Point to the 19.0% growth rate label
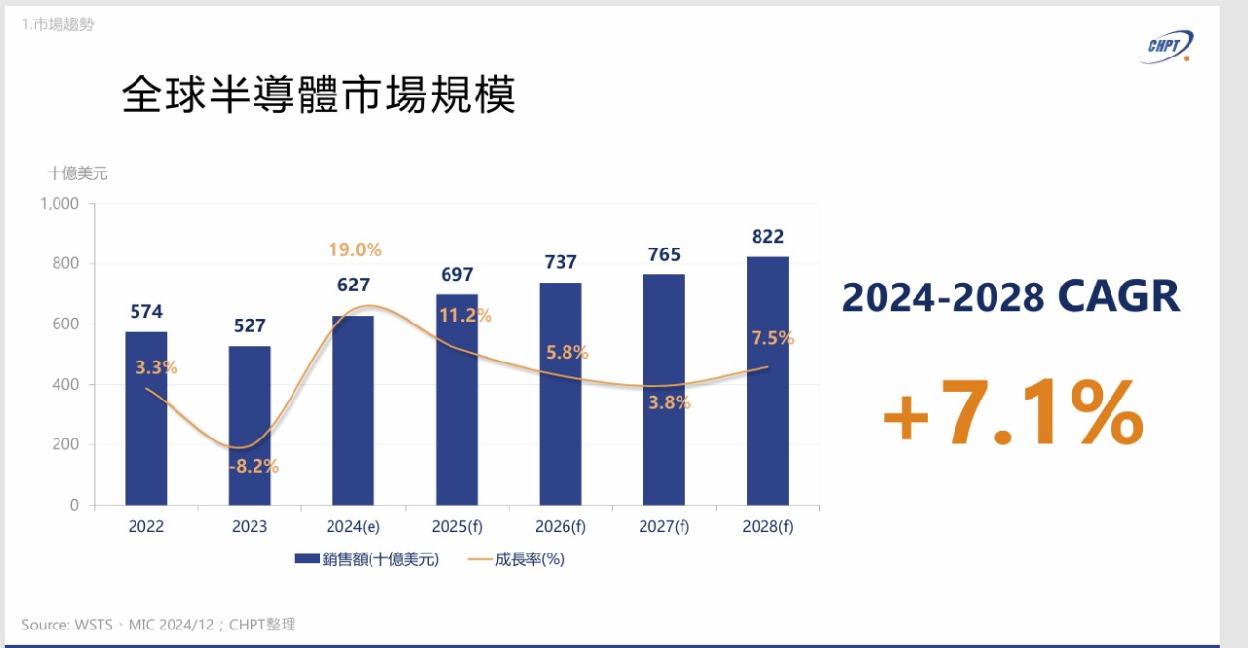point(355,249)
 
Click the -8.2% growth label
point(253,466)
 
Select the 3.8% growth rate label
point(669,402)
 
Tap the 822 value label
point(767,236)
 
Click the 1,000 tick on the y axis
point(59,204)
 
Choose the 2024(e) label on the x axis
point(353,527)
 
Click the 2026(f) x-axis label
point(560,527)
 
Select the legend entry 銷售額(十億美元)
point(367,559)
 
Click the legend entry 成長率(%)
point(517,559)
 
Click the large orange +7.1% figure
point(1012,415)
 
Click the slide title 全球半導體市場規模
point(318,96)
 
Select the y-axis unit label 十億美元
point(78,173)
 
